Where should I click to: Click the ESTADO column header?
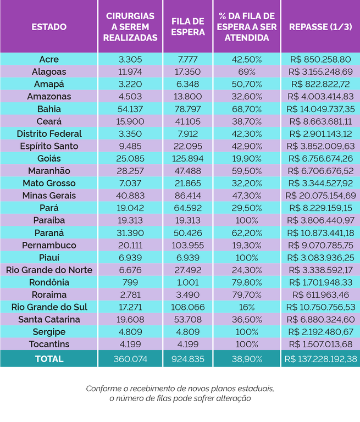[49, 26]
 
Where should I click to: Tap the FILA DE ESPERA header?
[188, 26]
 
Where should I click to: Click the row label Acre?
[49, 59]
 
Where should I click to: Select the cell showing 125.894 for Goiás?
[188, 158]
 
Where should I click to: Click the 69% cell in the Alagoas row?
[247, 72]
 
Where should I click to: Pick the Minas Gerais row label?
[49, 196]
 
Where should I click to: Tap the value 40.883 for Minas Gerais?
[130, 196]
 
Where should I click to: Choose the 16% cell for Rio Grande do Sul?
[247, 307]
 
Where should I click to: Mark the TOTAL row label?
[49, 359]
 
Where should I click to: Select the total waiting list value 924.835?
[188, 359]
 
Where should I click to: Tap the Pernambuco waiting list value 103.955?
[188, 245]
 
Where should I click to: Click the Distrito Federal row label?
[49, 134]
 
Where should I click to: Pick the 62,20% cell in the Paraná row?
[247, 233]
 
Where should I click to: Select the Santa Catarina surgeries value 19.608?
[130, 319]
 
